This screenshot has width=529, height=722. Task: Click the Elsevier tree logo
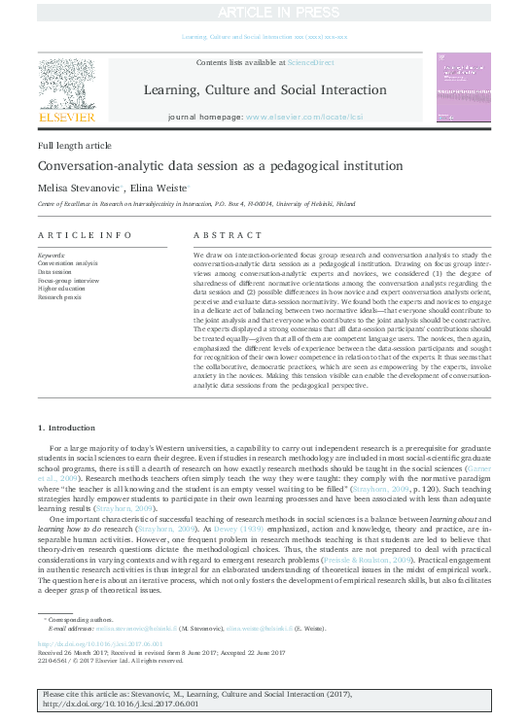coord(66,86)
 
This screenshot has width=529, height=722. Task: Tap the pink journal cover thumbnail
coord(463,87)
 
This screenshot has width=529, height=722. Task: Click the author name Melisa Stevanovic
coord(81,187)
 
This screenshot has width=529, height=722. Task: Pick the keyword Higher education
coord(62,288)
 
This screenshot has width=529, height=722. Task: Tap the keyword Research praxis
coord(61,296)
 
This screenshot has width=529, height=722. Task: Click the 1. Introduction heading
coord(67,427)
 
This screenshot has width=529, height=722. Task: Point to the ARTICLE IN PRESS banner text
coord(264,11)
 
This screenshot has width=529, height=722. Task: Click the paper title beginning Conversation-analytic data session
coord(194,164)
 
